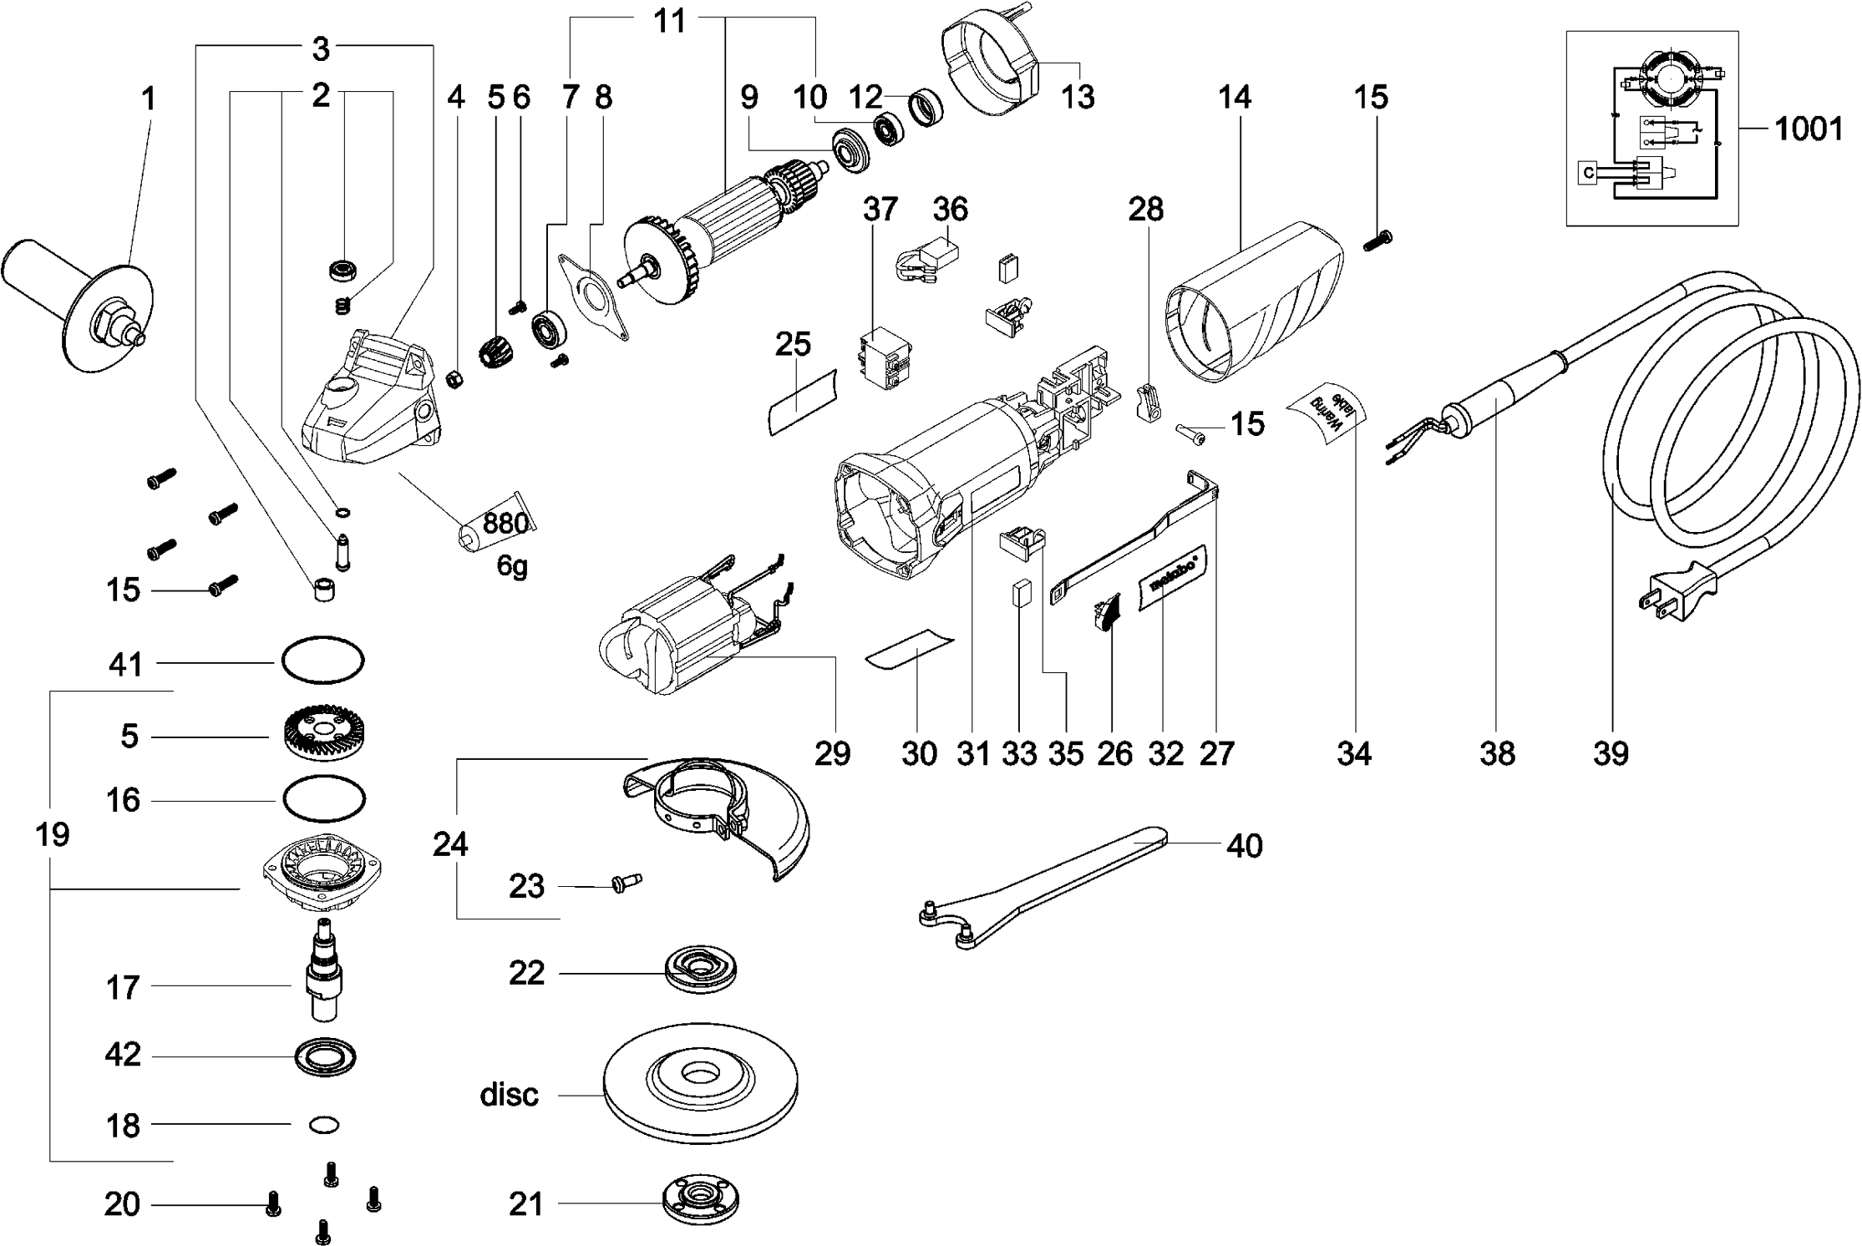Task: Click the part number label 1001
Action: pyautogui.click(x=1808, y=129)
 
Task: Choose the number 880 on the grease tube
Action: pyautogui.click(x=505, y=524)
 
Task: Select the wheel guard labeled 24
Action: pyautogui.click(x=718, y=814)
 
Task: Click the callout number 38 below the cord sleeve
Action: pyautogui.click(x=1497, y=754)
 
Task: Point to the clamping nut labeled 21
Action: pyautogui.click(x=702, y=1203)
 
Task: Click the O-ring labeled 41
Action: pyautogui.click(x=322, y=663)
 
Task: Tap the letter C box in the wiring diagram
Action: pyautogui.click(x=1588, y=173)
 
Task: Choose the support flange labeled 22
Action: pyautogui.click(x=702, y=971)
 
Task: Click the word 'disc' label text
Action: pyautogui.click(x=509, y=1094)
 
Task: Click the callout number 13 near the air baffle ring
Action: pyautogui.click(x=1078, y=97)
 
